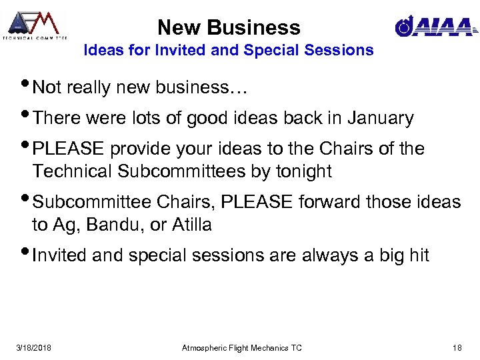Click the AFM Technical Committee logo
click(x=35, y=25)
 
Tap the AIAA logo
click(x=435, y=27)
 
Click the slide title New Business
click(x=229, y=27)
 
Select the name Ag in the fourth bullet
click(x=62, y=226)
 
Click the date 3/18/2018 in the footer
click(x=35, y=347)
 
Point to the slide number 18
click(x=457, y=347)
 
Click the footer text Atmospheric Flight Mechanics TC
click(x=242, y=347)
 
